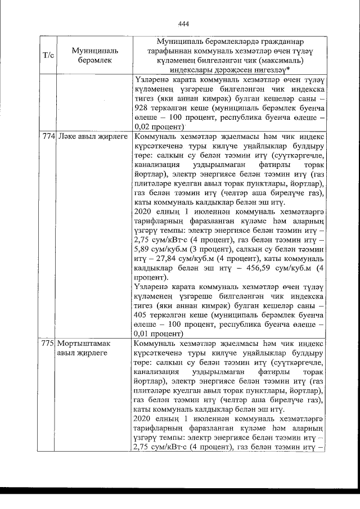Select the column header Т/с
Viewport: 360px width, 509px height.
pos(48,56)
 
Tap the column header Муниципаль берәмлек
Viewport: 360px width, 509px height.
pos(92,56)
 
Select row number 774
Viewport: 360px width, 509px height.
pos(48,137)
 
